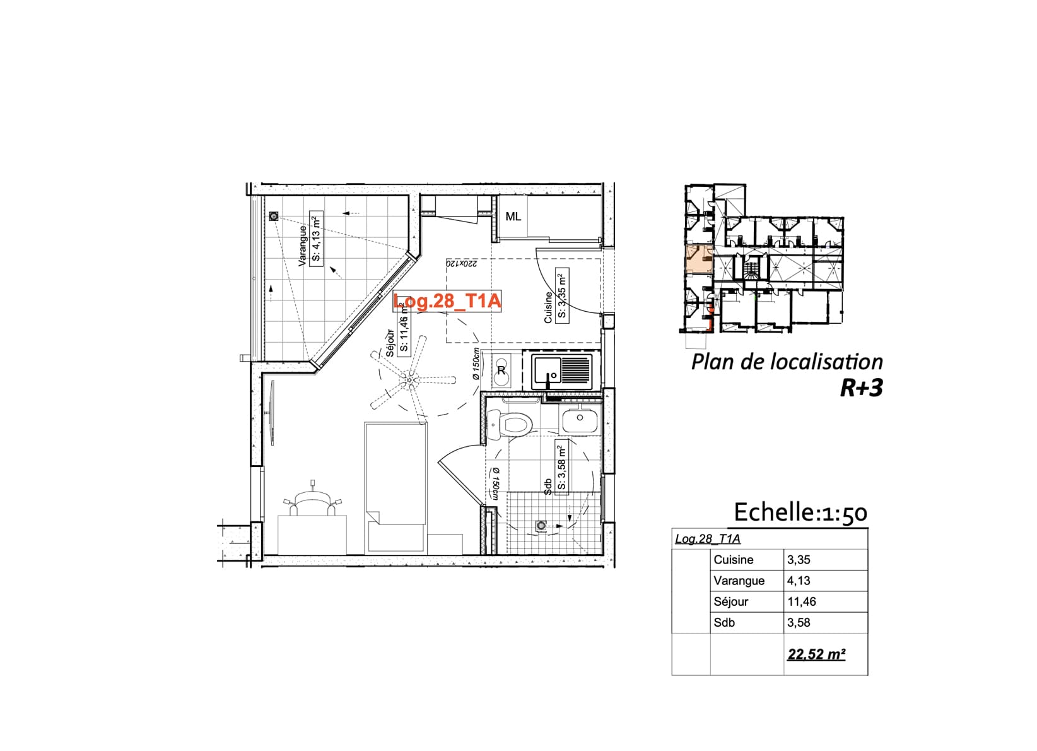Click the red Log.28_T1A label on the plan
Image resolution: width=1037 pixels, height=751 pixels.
(x=447, y=301)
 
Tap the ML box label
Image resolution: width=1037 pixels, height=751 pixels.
(x=513, y=217)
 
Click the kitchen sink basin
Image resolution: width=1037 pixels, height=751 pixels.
(x=546, y=372)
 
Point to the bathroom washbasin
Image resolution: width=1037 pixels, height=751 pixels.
(x=580, y=420)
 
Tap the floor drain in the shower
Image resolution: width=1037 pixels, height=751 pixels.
(x=541, y=526)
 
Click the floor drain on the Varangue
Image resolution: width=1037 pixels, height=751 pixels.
(x=274, y=216)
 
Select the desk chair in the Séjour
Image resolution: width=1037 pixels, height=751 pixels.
(x=312, y=503)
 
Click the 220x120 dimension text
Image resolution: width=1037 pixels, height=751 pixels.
(x=461, y=264)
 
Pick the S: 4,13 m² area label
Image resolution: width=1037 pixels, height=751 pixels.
(x=316, y=238)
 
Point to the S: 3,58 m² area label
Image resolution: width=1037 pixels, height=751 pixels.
(x=561, y=468)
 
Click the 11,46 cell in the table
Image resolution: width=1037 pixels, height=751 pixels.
(x=802, y=601)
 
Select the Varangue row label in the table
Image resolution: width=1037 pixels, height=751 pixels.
(x=739, y=581)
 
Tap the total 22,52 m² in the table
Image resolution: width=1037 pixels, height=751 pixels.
(x=817, y=654)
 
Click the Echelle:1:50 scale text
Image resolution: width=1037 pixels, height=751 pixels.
(x=800, y=513)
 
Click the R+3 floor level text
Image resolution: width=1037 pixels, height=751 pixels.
(x=862, y=388)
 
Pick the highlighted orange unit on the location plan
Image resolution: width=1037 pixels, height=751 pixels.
(x=699, y=259)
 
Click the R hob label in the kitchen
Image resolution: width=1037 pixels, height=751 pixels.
(x=501, y=370)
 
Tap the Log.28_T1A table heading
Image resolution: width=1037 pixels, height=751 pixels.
(x=708, y=539)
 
